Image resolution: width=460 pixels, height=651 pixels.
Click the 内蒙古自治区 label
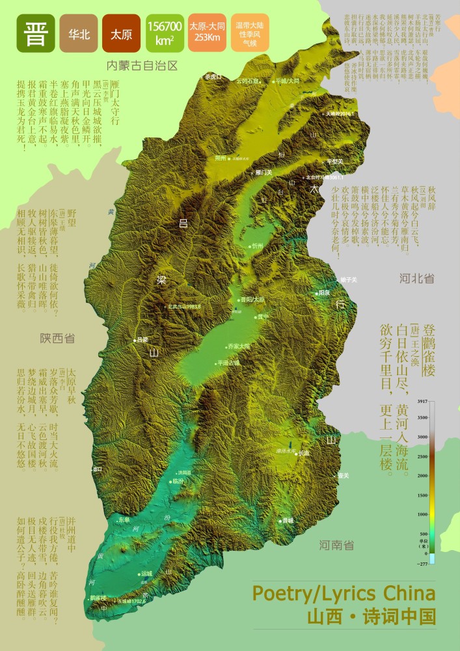tap(142, 66)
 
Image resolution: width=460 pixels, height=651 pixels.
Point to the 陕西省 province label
tap(57, 339)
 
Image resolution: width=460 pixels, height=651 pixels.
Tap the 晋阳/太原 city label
tap(252, 299)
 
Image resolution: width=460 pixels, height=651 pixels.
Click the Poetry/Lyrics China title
tap(344, 594)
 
